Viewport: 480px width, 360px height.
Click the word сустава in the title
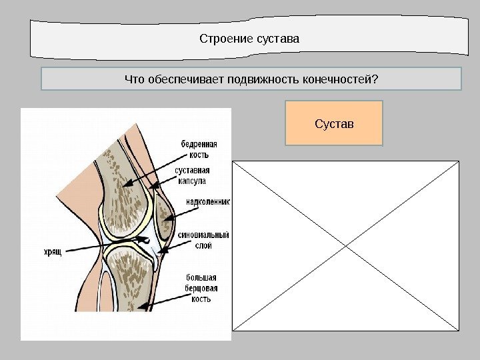[x=278, y=38]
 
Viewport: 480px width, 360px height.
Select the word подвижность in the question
[x=258, y=80]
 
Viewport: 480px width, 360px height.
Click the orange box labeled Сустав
[x=334, y=123]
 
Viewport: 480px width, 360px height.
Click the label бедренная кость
[x=199, y=148]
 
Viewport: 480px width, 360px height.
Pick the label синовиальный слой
[x=203, y=240]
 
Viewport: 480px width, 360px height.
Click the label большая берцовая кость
[x=201, y=288]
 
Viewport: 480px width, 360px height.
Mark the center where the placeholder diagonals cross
[x=345, y=245]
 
